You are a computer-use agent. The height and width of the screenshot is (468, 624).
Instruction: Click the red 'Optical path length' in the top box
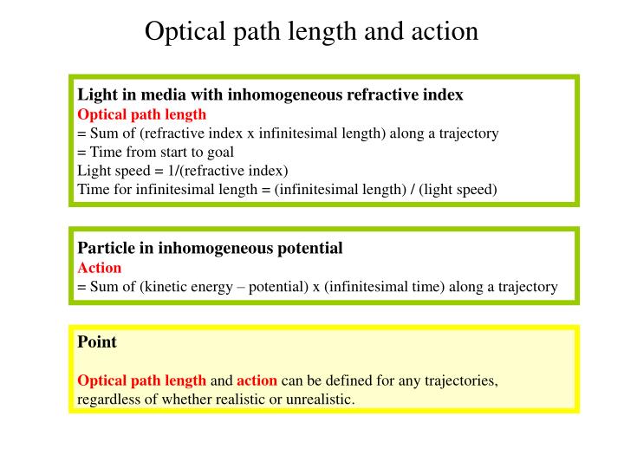142,114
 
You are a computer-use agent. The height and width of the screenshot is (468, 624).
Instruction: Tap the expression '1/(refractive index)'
228,170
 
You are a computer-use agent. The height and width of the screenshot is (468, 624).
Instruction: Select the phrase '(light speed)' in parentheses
458,189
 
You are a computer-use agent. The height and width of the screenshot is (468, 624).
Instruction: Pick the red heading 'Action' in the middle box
100,267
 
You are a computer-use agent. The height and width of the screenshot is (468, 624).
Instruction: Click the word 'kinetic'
174,286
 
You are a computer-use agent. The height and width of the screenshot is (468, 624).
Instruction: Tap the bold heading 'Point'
97,341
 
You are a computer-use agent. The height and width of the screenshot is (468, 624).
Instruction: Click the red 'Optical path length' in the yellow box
142,380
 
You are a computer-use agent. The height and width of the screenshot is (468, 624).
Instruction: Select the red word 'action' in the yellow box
257,380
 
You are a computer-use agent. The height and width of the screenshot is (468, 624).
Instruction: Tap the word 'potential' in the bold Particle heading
309,248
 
